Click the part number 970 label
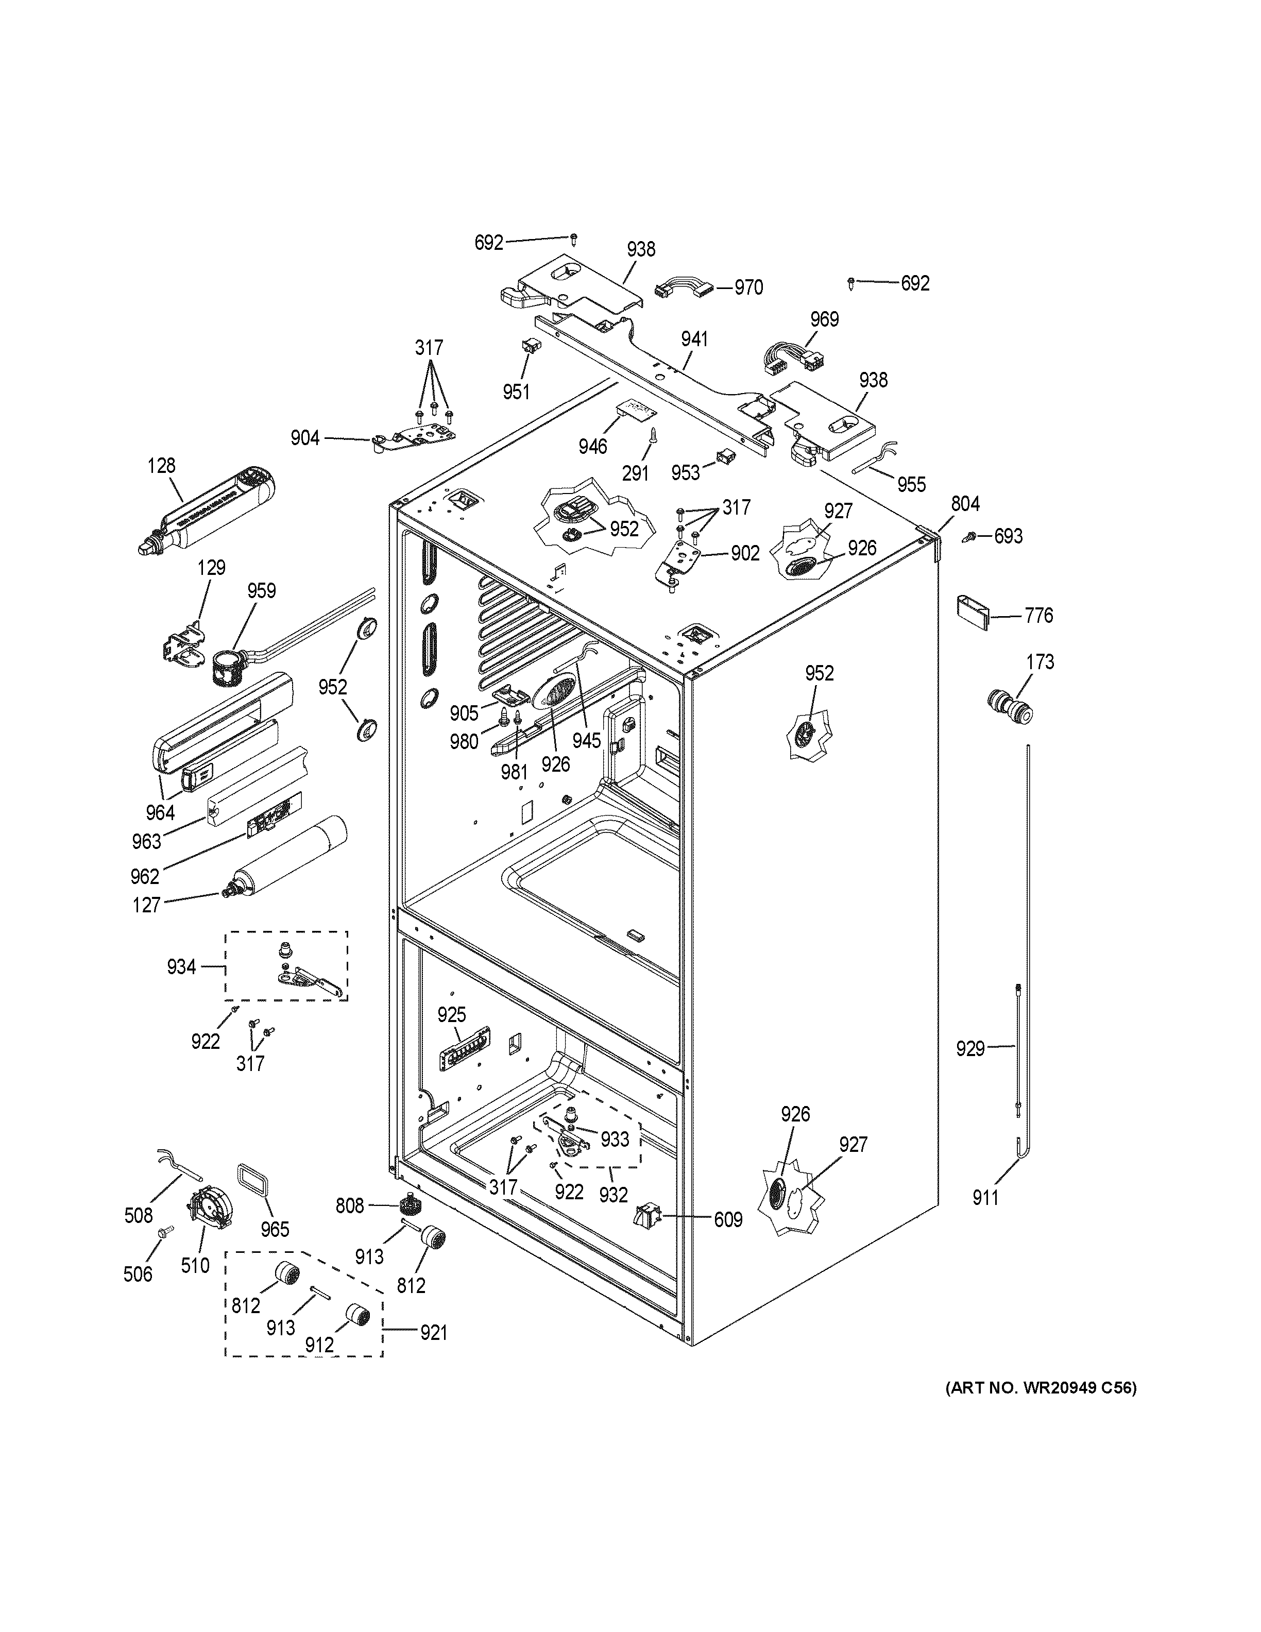[x=748, y=287]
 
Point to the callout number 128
[x=161, y=466]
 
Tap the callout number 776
[x=1039, y=616]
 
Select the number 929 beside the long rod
[x=970, y=1049]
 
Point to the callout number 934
[x=181, y=967]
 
